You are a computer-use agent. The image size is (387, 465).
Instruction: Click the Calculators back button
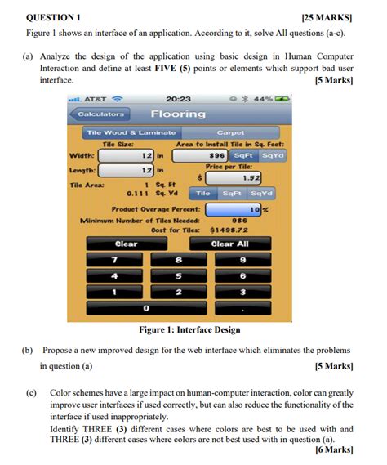(x=102, y=114)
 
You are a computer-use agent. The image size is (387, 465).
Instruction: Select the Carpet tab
(x=230, y=132)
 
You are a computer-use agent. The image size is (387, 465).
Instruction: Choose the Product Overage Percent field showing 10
(x=234, y=209)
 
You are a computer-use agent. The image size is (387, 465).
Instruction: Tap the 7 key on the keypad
(x=114, y=259)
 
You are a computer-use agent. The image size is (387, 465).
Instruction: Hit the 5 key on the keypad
(x=178, y=275)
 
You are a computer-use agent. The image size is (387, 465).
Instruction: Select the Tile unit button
(x=203, y=193)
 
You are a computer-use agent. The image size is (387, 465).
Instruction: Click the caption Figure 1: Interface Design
(x=191, y=329)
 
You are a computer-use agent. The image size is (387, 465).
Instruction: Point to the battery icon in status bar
(x=282, y=98)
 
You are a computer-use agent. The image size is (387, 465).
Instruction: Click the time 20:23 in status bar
(x=178, y=98)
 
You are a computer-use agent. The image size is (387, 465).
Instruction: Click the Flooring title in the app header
(x=178, y=114)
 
